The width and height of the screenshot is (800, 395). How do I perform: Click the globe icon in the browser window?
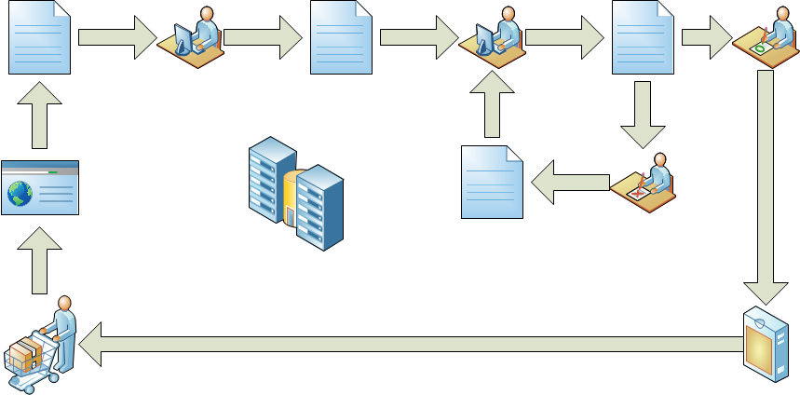(x=20, y=193)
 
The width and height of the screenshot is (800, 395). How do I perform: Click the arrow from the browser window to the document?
(x=39, y=113)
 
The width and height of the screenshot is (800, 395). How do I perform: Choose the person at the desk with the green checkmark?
(x=775, y=33)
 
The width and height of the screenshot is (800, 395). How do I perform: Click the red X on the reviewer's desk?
(x=637, y=193)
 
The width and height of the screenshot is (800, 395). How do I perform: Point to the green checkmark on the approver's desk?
(x=761, y=47)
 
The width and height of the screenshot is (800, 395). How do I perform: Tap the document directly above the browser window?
(x=39, y=37)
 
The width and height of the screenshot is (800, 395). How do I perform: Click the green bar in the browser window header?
(x=52, y=171)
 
